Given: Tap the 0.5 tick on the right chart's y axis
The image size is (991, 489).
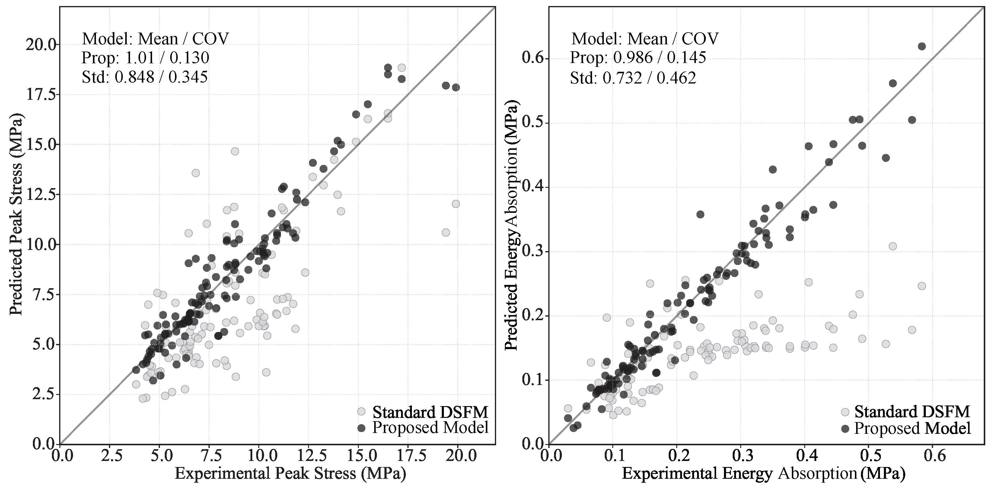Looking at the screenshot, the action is tap(532, 123).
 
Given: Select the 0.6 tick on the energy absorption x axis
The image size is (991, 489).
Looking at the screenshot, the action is tap(932, 456).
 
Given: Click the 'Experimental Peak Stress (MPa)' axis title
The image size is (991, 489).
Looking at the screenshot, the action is tap(291, 473).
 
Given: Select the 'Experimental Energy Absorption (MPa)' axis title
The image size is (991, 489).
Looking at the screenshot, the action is tap(764, 473).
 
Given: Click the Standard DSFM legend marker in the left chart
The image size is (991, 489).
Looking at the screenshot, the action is tap(361, 411).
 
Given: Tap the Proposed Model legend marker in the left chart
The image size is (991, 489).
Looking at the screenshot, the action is tap(361, 427).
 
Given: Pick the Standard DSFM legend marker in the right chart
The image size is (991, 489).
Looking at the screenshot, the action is tap(845, 412).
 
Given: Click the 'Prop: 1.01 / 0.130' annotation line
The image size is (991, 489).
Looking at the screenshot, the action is tap(145, 58).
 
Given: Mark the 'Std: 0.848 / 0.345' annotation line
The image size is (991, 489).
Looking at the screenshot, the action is tap(145, 77).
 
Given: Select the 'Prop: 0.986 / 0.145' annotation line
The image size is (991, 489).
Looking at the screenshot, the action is tap(638, 58).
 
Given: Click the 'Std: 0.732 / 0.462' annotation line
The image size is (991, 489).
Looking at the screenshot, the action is tap(633, 78).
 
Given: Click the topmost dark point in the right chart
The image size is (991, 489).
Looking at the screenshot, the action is tap(922, 46).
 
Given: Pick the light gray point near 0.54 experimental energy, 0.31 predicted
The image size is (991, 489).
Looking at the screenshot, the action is tap(893, 246).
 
